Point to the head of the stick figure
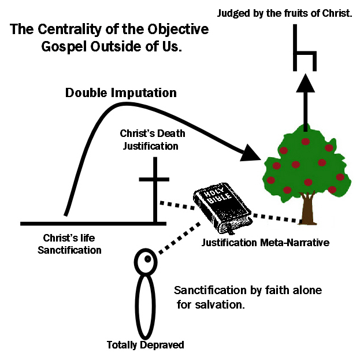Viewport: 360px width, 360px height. tap(146, 262)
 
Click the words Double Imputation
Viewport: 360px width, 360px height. tap(121, 92)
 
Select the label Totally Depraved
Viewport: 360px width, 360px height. tap(146, 346)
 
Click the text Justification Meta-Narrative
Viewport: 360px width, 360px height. tap(265, 243)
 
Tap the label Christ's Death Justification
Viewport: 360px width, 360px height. tap(149, 140)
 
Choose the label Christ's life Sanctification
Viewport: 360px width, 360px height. tap(73, 243)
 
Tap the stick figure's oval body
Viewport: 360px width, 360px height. tap(146, 306)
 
